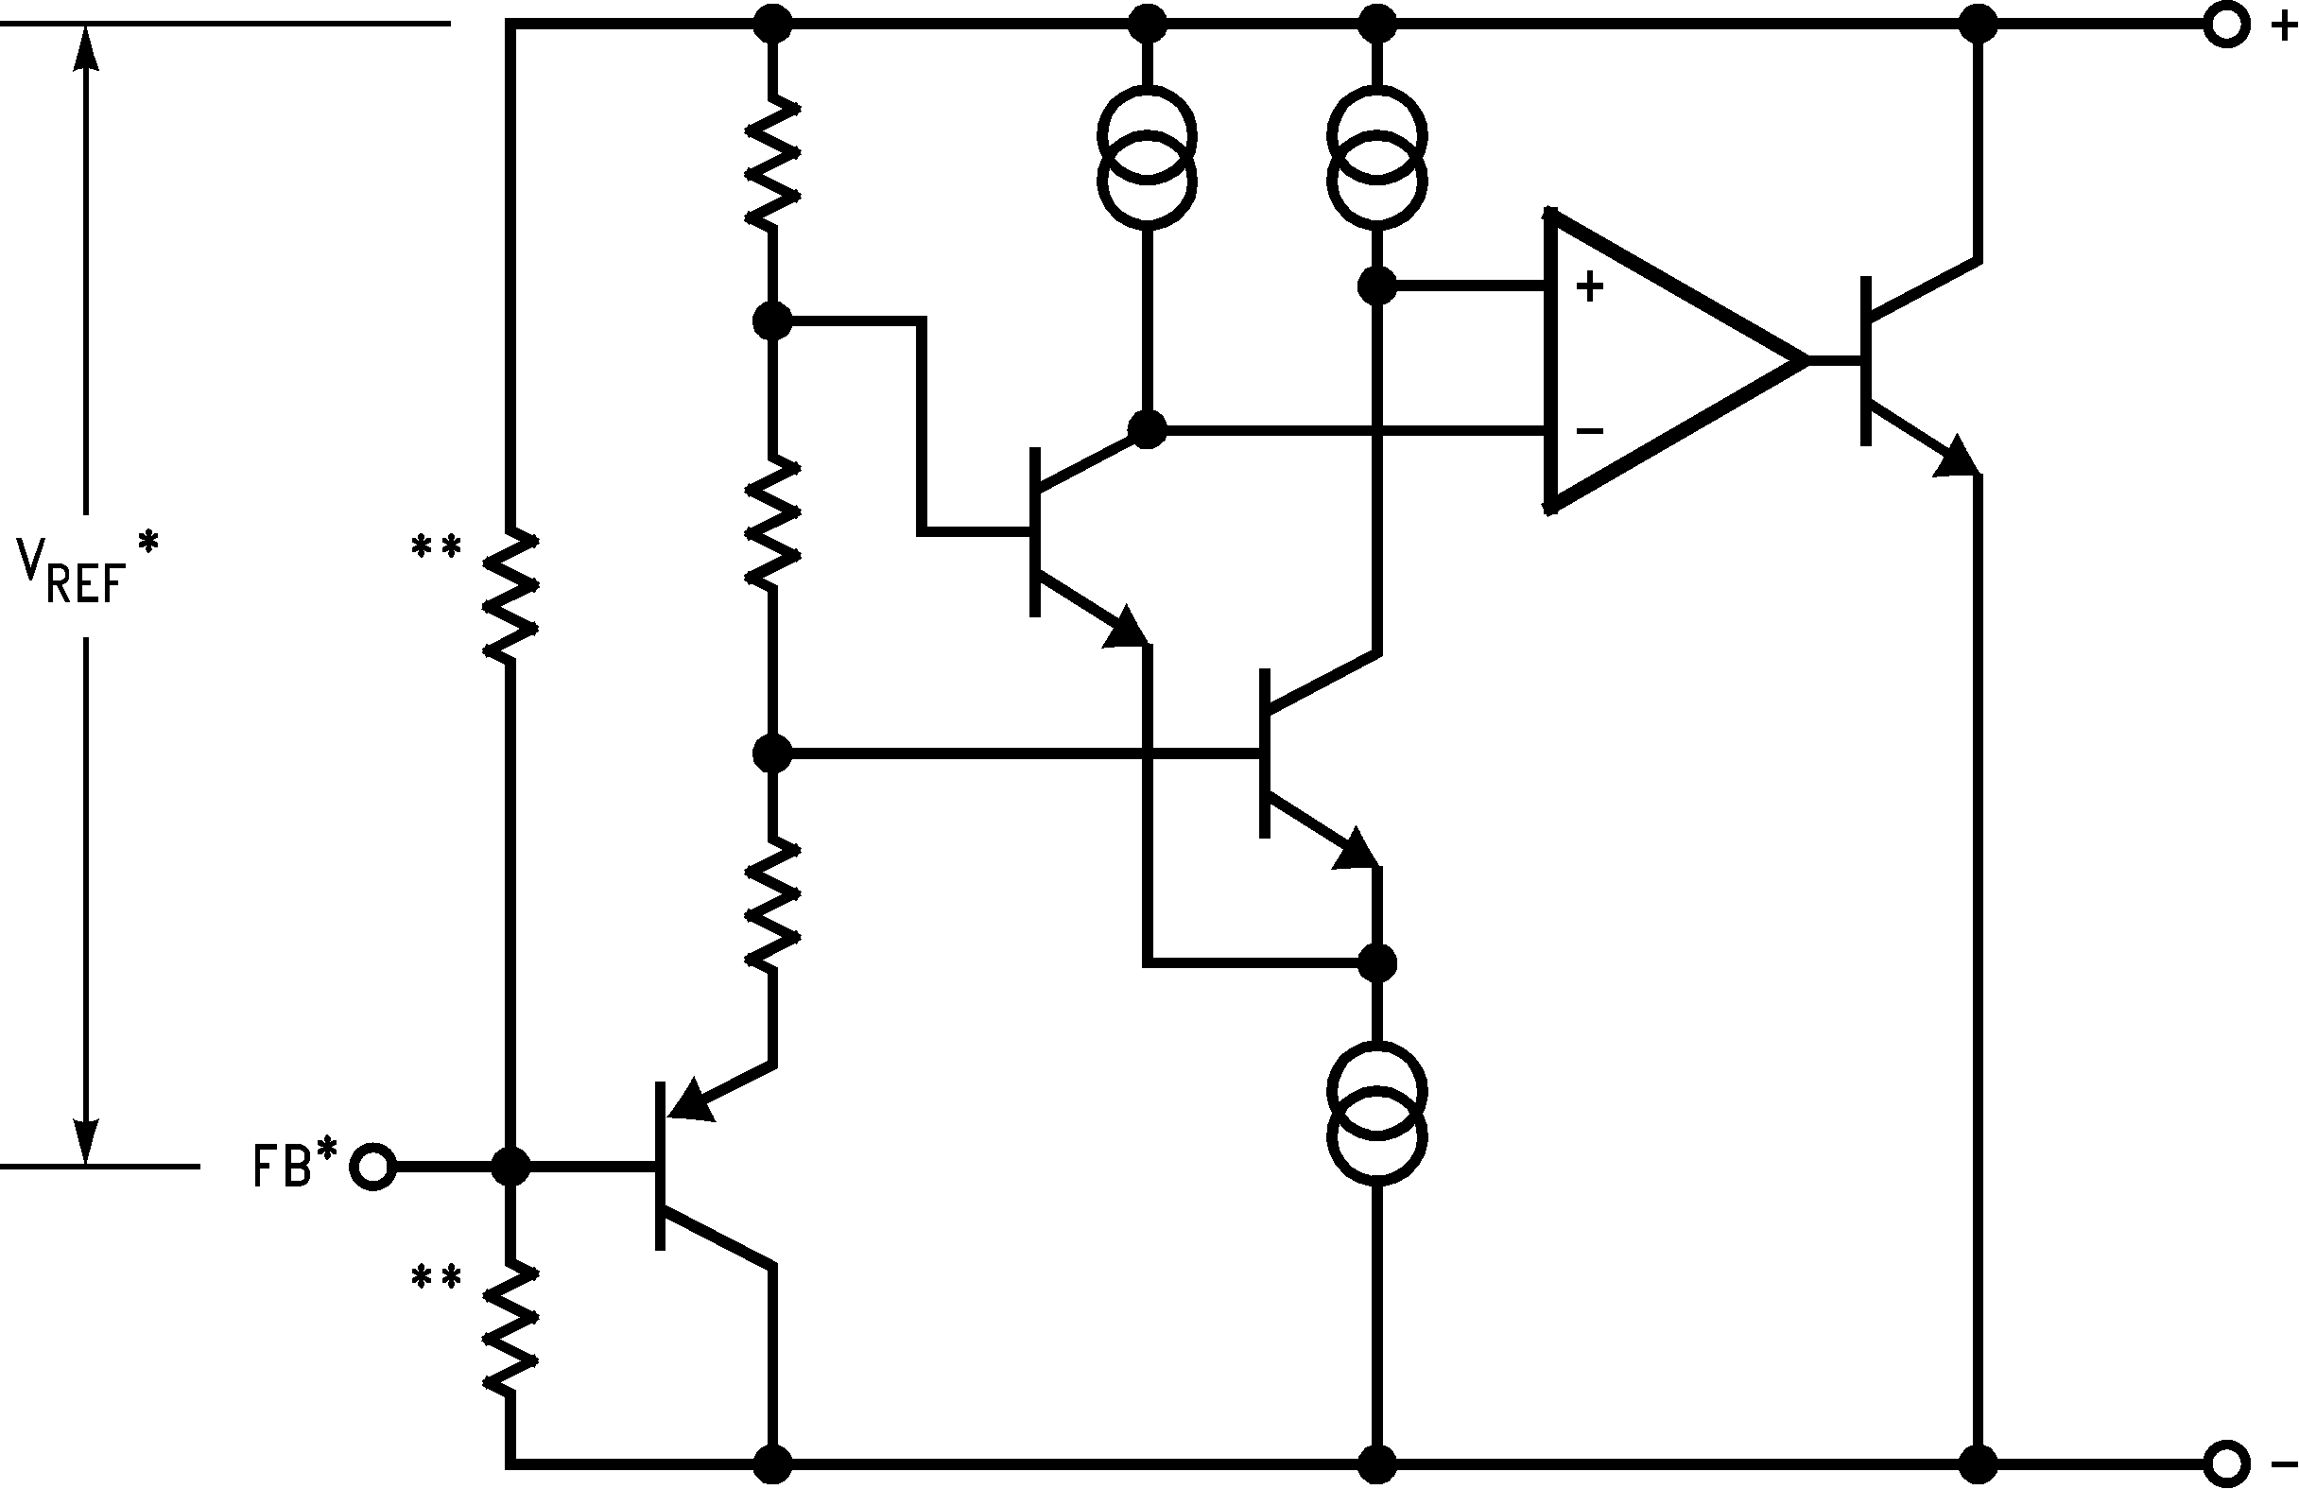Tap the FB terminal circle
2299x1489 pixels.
coord(372,1167)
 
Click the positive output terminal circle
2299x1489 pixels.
coord(2225,26)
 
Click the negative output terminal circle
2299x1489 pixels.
coord(2225,1463)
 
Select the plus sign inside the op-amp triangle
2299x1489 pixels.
coord(1589,286)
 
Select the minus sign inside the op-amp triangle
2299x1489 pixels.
coord(1589,431)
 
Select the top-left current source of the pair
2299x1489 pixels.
coord(1147,158)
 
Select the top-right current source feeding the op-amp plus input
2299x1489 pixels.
coord(1376,158)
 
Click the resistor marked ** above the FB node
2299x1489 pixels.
coord(510,595)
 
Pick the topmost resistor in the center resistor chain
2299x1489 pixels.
coord(771,163)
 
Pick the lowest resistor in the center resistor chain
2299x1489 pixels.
coord(771,905)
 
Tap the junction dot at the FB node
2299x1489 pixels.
coord(510,1167)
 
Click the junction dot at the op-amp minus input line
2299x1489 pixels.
coord(1147,429)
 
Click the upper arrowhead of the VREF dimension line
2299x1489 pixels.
coord(86,48)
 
